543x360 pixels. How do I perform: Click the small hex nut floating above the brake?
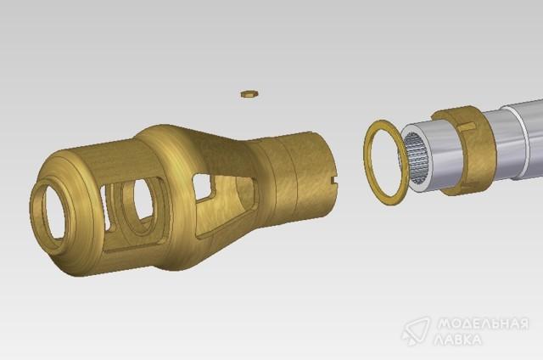pos(249,94)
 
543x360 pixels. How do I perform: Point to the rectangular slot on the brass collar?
pos(467,127)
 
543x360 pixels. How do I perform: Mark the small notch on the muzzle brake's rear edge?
pos(333,180)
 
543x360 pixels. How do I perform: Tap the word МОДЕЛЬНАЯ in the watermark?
pos(484,324)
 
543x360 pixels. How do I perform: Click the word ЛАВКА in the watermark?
pos(458,340)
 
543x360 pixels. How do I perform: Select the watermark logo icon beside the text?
pos(416,331)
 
